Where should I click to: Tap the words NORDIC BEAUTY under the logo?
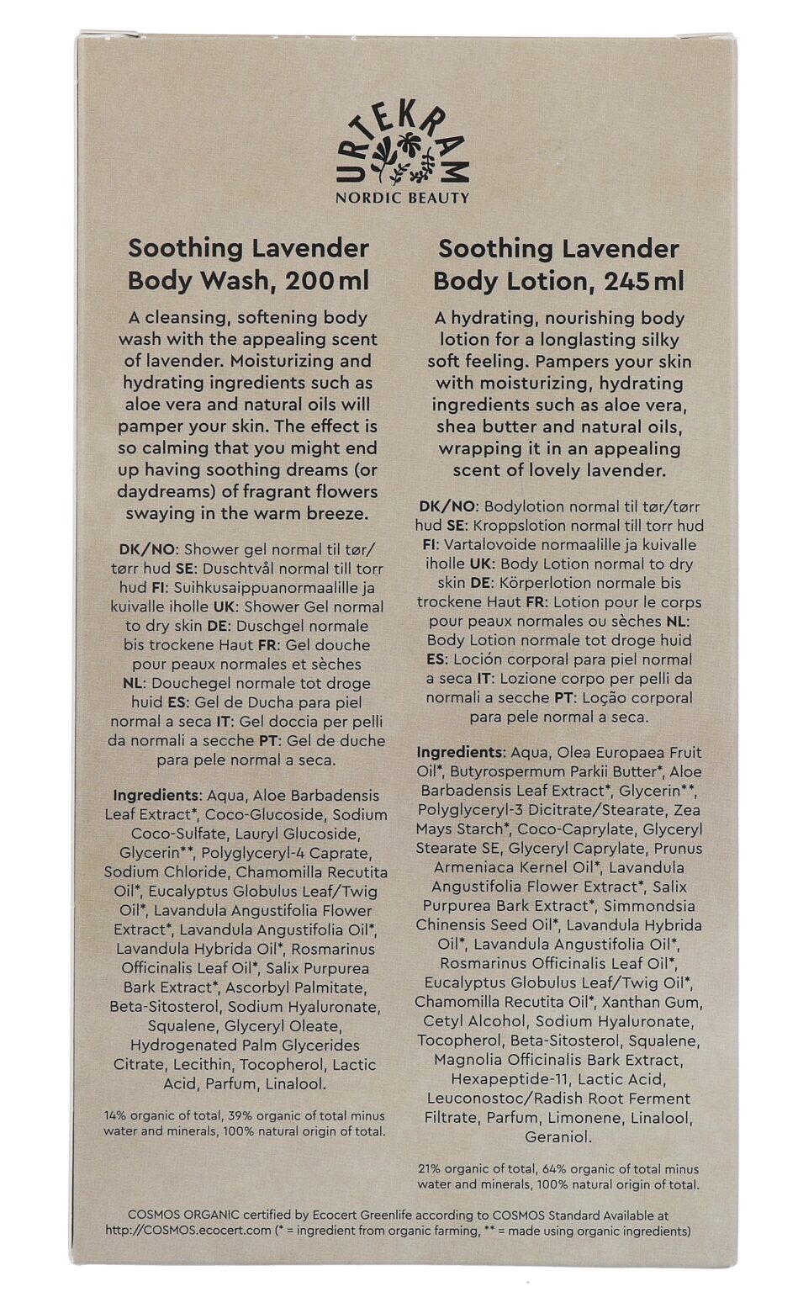(402, 198)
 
